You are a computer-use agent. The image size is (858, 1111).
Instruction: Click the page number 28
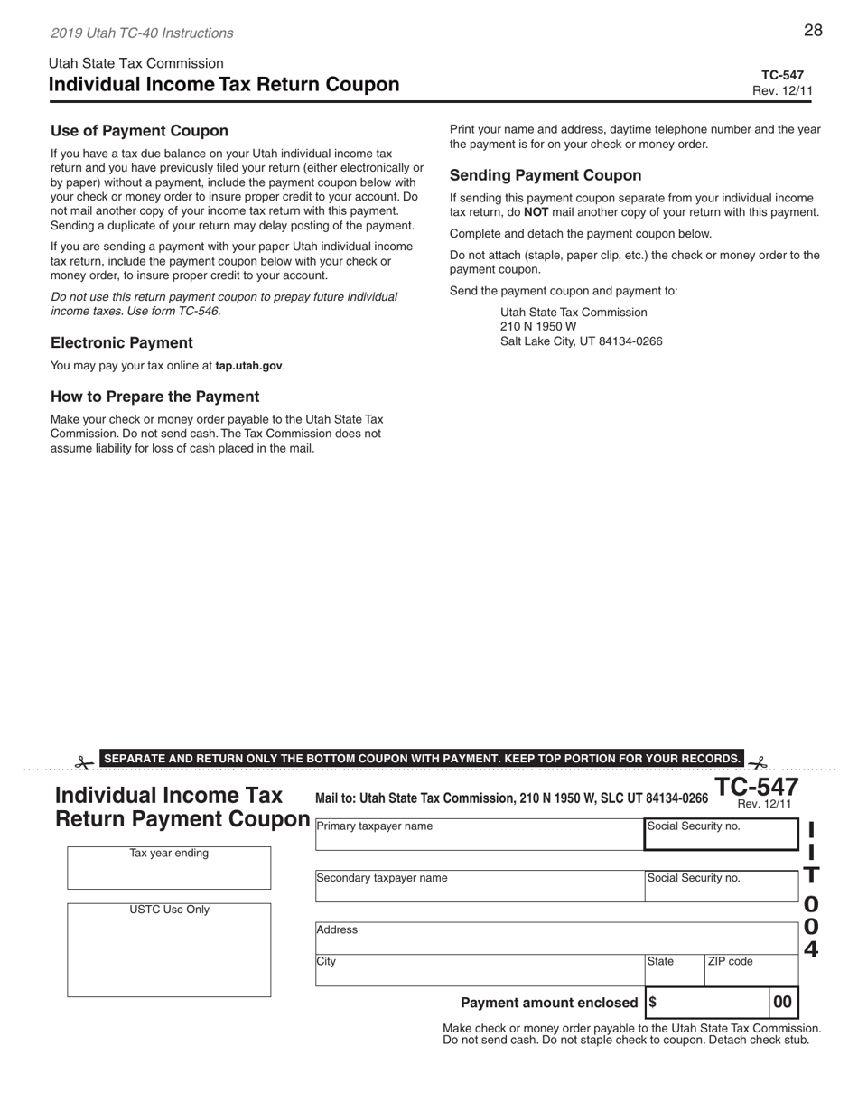click(813, 31)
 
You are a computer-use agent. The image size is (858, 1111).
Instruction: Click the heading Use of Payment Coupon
click(139, 131)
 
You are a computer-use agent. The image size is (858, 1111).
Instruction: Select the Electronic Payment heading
click(121, 343)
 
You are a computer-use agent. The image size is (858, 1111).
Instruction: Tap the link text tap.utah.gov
click(248, 366)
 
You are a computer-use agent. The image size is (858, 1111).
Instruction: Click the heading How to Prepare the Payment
click(154, 397)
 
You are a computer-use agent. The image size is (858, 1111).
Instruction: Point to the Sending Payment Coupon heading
click(546, 176)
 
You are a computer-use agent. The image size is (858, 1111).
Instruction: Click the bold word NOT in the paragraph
click(536, 213)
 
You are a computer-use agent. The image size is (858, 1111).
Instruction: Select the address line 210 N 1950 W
click(538, 327)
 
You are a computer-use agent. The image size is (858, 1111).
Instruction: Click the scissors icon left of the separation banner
click(84, 763)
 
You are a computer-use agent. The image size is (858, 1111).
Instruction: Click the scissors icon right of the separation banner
click(757, 763)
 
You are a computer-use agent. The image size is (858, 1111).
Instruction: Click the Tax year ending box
click(169, 869)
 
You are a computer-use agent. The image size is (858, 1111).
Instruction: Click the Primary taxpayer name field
click(479, 835)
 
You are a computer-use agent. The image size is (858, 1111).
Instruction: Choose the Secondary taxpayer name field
click(479, 886)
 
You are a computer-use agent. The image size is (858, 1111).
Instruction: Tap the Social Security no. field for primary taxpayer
click(721, 835)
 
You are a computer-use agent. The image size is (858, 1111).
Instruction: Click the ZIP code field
click(751, 970)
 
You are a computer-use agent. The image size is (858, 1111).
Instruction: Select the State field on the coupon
click(674, 970)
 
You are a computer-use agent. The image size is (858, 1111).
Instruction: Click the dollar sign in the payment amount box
click(653, 1003)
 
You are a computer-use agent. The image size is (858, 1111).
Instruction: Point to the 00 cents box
click(783, 1002)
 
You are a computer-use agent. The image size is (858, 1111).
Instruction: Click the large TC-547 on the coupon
click(757, 787)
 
